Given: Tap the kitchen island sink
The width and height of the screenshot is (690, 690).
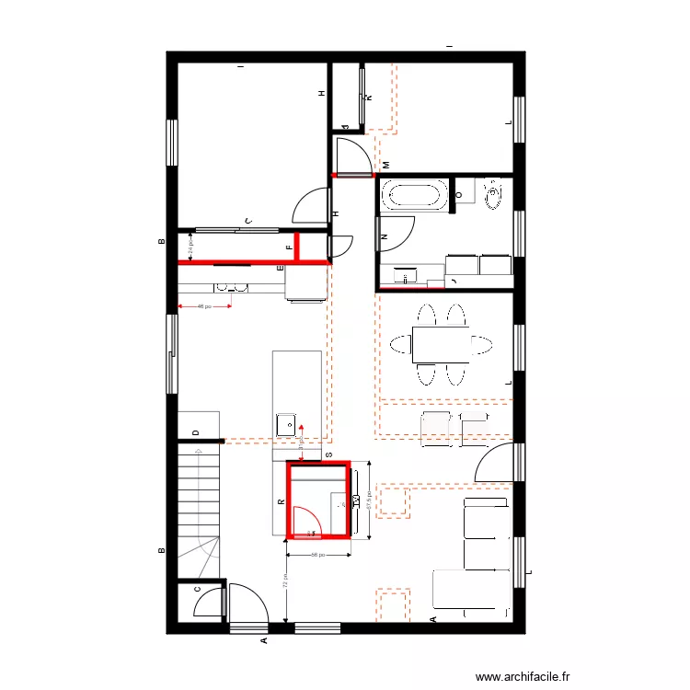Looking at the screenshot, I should point(286,425).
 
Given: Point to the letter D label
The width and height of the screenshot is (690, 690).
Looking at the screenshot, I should point(196,431).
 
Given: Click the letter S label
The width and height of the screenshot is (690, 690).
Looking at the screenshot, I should point(328,454).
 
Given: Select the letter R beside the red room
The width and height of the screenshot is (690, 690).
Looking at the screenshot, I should point(281,502).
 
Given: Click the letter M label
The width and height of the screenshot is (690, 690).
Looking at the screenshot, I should point(385,165).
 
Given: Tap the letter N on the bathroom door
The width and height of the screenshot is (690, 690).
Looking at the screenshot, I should point(384,237).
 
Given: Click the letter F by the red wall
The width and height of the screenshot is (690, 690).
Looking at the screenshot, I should point(289,247).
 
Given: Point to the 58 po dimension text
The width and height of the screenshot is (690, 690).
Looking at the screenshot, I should point(318,555).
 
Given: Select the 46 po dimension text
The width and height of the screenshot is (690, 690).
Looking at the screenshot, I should point(204,306).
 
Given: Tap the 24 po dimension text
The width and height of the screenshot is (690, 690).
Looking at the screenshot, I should point(190,246).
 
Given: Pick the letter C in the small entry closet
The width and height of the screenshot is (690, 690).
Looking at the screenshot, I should point(196,592).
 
